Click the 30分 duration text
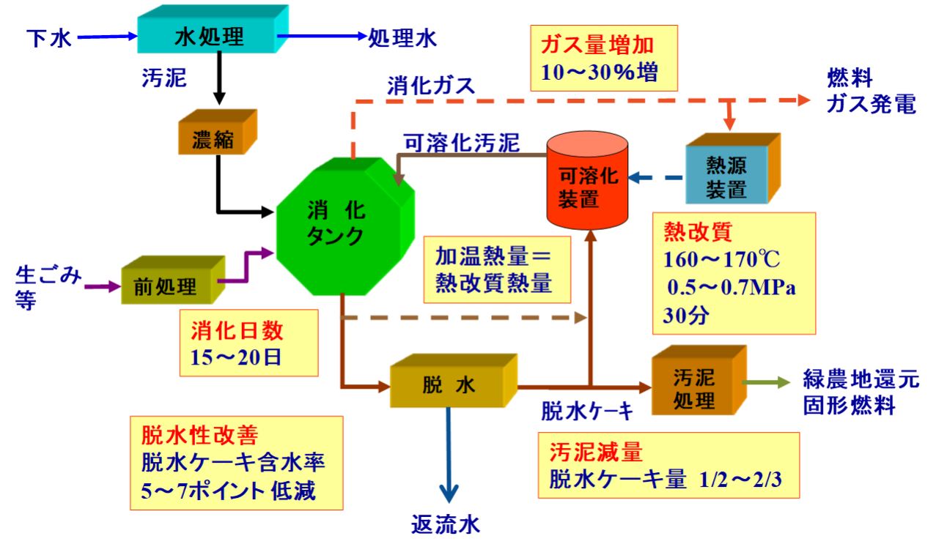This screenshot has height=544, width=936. coord(686,316)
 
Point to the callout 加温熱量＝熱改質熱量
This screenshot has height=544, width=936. coord(497,269)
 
